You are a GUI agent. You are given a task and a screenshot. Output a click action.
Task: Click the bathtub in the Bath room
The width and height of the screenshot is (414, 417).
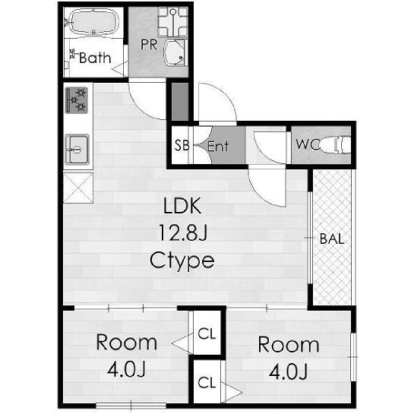tap(93, 22)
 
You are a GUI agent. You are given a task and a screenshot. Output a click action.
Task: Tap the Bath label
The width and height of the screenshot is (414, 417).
tap(95, 58)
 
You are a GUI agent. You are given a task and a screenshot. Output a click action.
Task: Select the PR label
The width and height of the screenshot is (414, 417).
tap(149, 45)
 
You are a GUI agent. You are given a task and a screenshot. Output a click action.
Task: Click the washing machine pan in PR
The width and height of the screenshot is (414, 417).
tap(172, 22)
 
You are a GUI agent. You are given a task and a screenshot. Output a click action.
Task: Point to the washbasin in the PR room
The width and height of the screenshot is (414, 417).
tap(174, 53)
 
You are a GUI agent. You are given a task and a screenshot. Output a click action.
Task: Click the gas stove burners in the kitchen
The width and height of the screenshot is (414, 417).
tap(77, 100)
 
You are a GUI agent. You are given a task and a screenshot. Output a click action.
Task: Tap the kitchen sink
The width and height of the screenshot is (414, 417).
tap(77, 150)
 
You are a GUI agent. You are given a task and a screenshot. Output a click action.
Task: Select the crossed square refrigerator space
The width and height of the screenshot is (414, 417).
tap(78, 188)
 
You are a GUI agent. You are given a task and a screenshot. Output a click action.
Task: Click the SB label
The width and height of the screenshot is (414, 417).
tap(182, 145)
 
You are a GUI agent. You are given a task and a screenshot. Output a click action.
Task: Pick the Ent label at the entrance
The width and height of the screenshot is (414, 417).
tap(218, 146)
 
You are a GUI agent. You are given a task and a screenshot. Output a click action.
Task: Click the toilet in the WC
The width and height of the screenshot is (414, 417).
tap(336, 145)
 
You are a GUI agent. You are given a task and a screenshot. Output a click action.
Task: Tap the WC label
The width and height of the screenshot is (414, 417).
tap(308, 144)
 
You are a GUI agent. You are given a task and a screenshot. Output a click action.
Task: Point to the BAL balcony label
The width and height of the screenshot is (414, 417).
tap(332, 239)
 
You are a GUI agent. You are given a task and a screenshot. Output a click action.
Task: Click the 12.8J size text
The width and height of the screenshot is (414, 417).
tap(182, 233)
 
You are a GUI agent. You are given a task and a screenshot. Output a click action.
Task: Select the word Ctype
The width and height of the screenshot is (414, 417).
tap(182, 261)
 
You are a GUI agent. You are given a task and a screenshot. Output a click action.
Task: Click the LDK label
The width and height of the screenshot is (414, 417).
tap(182, 206)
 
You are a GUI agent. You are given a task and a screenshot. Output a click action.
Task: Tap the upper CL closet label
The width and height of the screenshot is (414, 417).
tap(207, 333)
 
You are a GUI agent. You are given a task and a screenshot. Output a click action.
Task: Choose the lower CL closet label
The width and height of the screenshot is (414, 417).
tap(207, 383)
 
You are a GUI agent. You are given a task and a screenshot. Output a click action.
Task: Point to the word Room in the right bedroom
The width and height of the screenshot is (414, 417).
tap(289, 345)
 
